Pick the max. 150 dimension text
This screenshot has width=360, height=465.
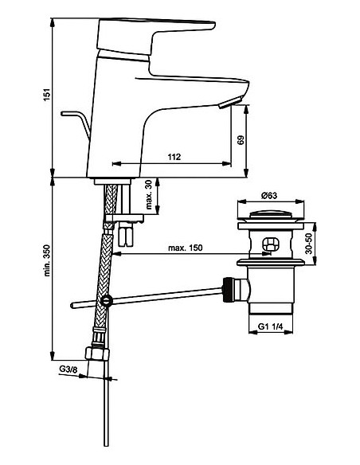click(185, 248)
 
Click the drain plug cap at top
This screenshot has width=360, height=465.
click(272, 215)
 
